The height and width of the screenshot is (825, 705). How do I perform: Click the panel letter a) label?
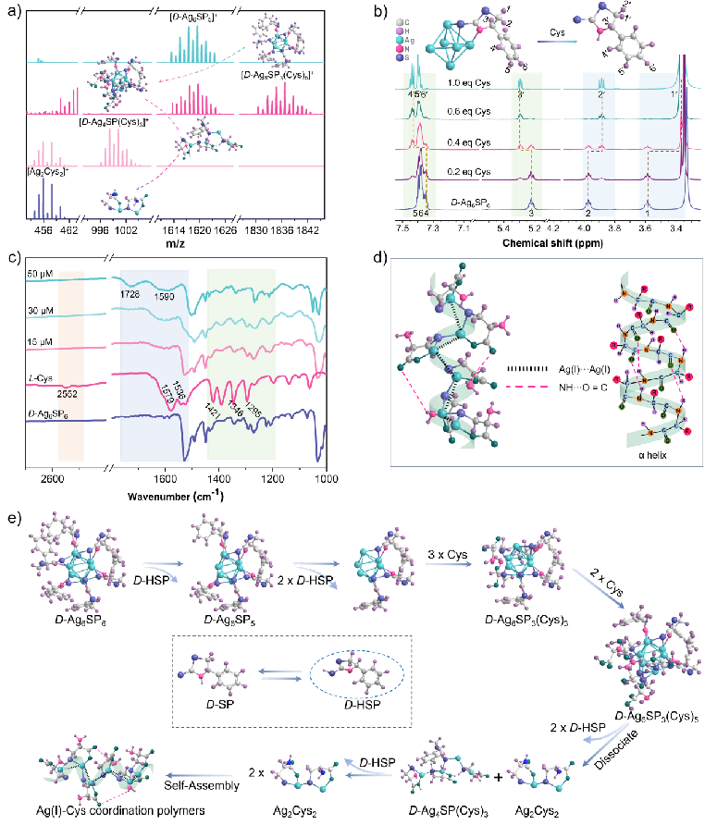pyautogui.click(x=10, y=10)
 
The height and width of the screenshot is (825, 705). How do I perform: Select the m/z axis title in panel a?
pyautogui.click(x=184, y=241)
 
